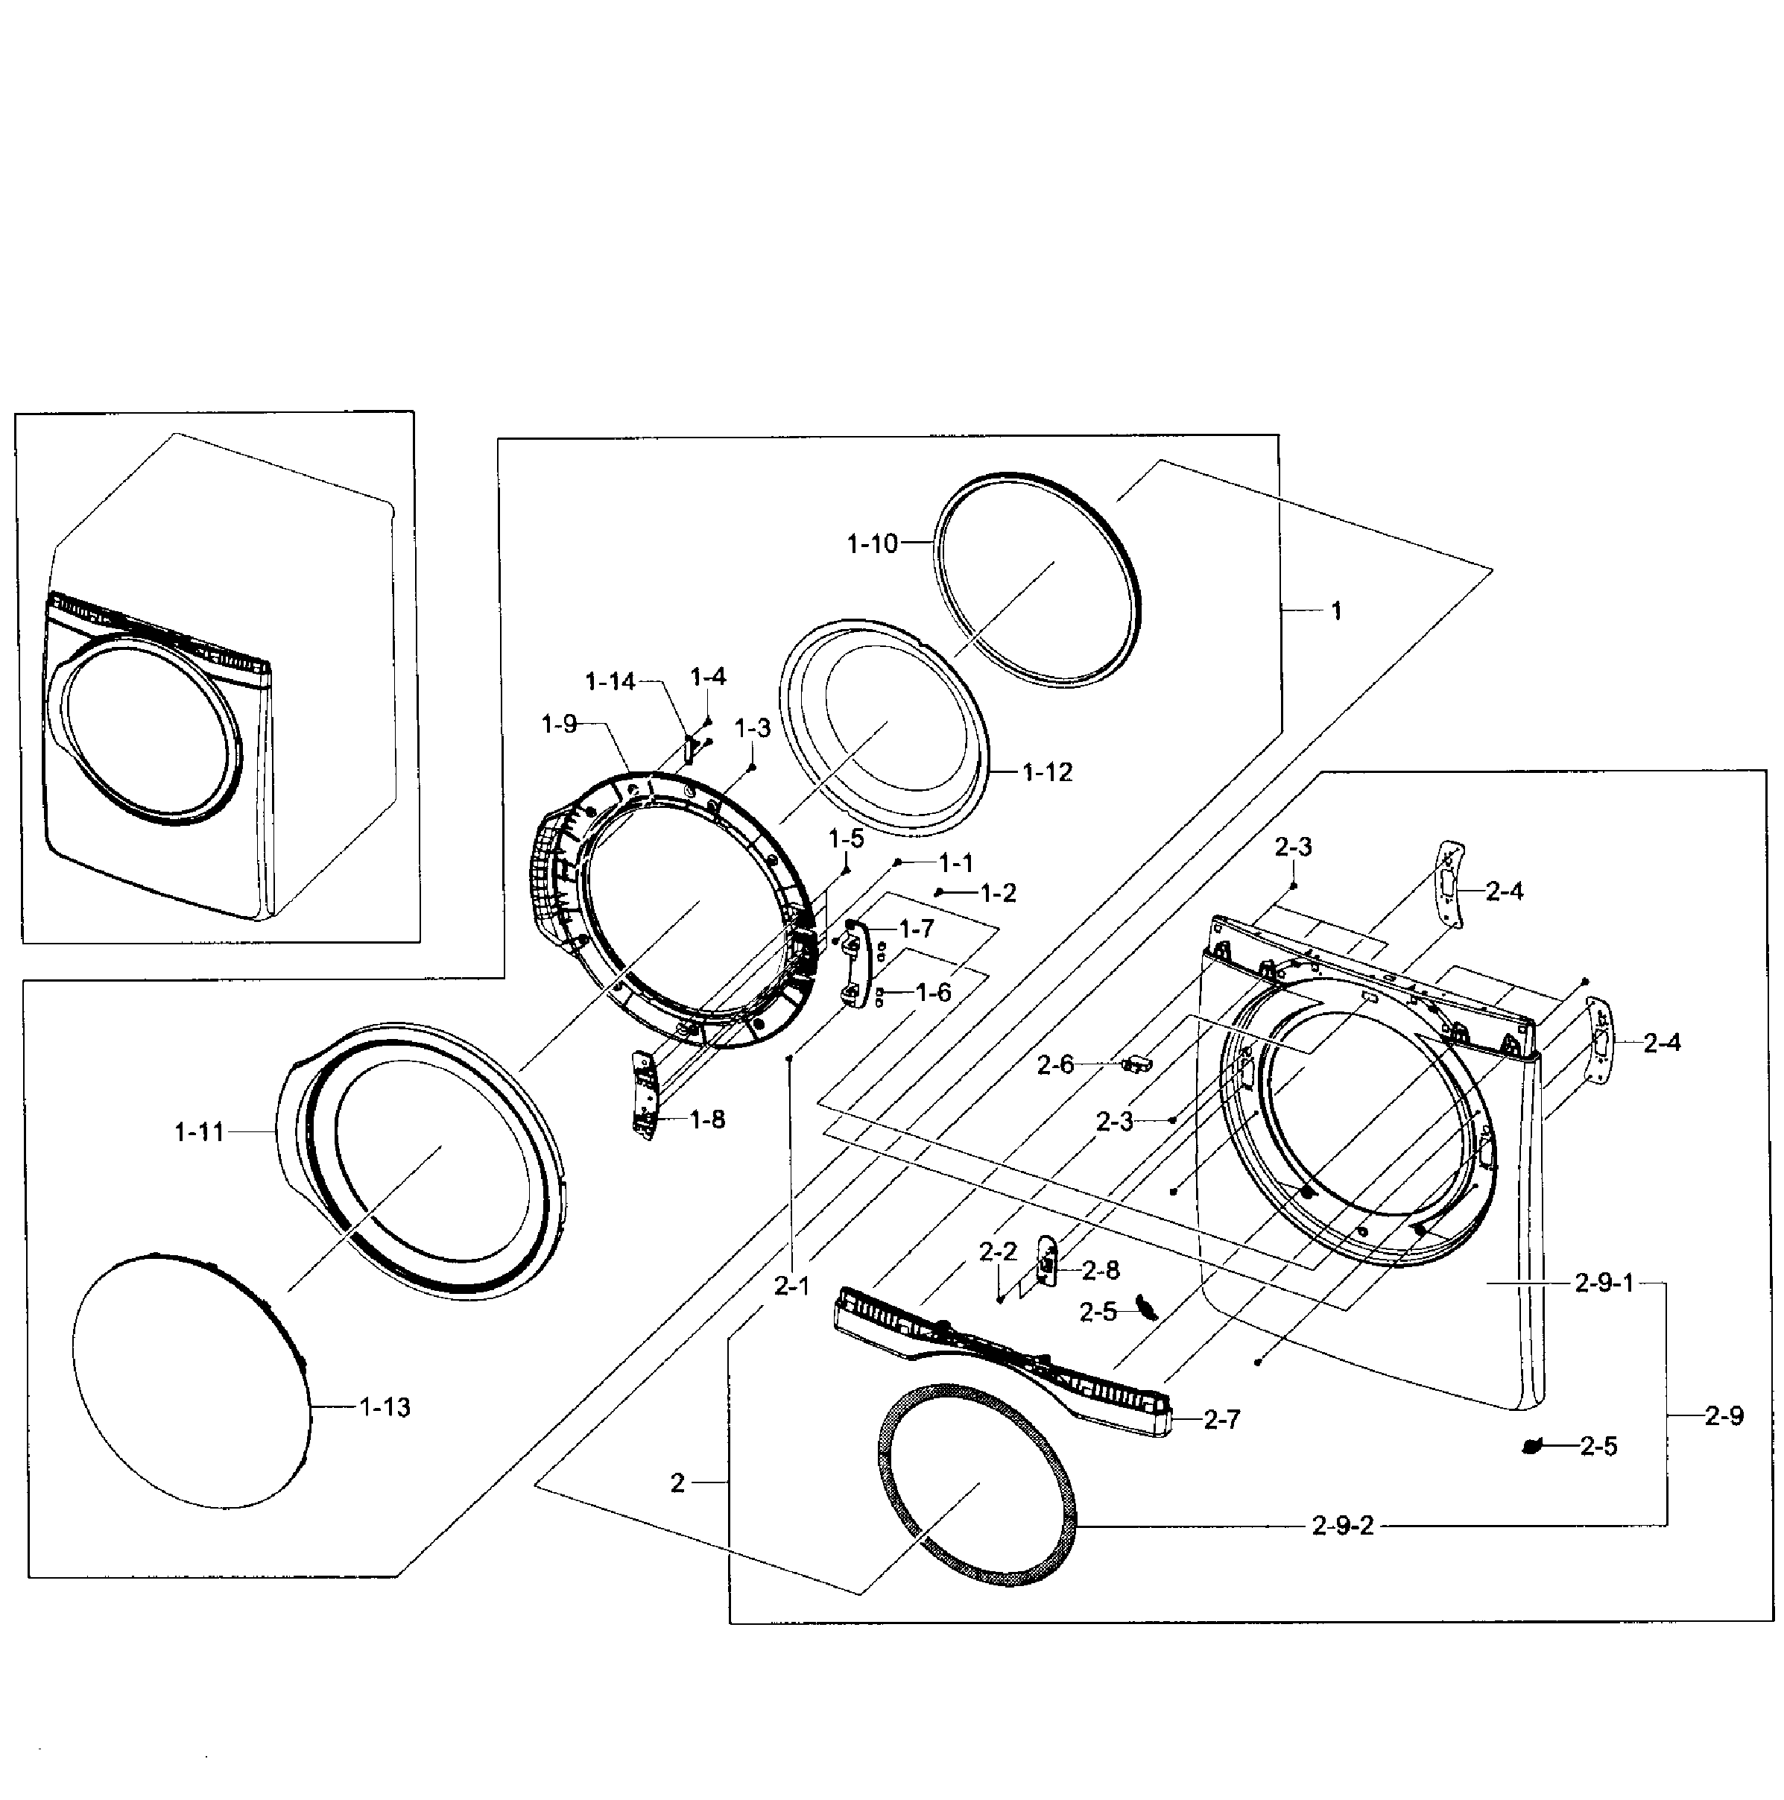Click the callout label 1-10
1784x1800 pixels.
pos(871,544)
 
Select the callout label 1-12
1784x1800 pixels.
pos(1046,772)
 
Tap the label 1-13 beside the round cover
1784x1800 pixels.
pos(385,1407)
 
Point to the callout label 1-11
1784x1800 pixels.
pos(200,1132)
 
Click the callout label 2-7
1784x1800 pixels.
pos(1221,1419)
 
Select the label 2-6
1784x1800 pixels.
pos(1054,1064)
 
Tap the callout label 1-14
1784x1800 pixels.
pos(610,682)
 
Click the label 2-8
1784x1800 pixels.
pos(1100,1270)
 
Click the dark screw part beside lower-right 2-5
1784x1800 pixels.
pos(1530,1446)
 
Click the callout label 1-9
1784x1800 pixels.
pos(559,724)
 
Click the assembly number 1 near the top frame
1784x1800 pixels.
pos(1336,611)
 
